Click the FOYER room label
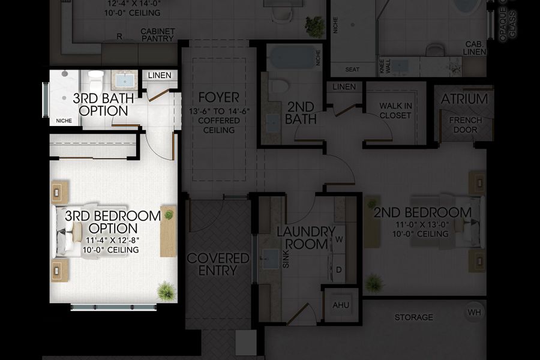218,97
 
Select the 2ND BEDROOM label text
422,213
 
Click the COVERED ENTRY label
218,264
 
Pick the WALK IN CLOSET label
395,111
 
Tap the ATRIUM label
464,99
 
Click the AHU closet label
340,304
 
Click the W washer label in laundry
339,239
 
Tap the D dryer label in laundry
339,269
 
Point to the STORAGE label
413,317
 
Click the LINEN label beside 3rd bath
160,76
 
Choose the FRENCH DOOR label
465,125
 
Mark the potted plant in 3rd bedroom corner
166,291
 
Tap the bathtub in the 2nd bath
292,58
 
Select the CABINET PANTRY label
157,35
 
